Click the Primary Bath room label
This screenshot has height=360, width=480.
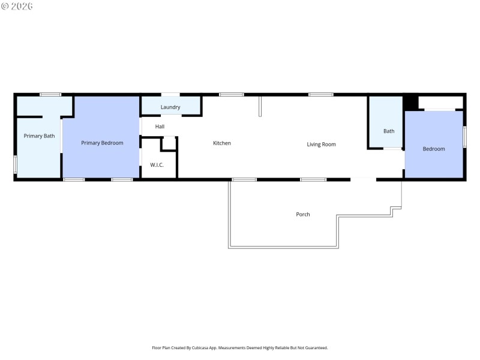[39, 136]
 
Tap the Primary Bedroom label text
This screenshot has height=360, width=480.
[102, 143]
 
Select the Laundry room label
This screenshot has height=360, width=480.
[170, 107]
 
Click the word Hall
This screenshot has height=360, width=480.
[160, 127]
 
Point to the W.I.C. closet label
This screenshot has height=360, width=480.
[157, 165]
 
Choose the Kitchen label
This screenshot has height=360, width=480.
[222, 143]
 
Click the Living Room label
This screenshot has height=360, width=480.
[321, 144]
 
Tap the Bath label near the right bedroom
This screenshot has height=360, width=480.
[389, 131]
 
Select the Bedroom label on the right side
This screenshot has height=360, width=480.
[434, 149]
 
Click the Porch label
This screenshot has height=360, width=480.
[303, 214]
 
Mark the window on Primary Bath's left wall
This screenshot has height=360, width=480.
[15, 165]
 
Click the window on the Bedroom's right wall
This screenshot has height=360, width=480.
[464, 136]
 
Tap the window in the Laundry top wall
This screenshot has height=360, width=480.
[170, 95]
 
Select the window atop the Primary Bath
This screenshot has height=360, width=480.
[50, 94]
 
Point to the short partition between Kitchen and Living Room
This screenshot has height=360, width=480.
[260, 106]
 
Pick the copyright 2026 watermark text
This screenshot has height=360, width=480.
[17, 6]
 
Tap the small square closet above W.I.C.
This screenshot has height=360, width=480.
[169, 143]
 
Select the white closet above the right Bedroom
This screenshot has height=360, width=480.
[440, 102]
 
